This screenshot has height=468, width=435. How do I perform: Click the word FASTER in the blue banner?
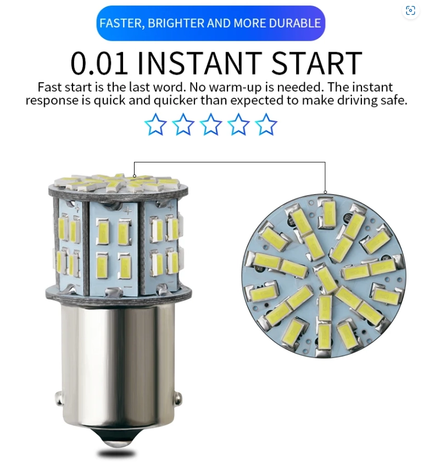[122, 23]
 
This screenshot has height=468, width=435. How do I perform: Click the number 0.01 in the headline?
[99, 63]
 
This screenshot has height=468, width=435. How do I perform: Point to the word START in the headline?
[317, 63]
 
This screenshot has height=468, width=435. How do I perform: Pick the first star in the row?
[155, 124]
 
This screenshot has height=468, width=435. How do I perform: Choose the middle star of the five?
[210, 124]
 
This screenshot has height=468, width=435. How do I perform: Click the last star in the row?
[266, 124]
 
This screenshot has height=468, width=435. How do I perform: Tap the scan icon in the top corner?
[410, 10]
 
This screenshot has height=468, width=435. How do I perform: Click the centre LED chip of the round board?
[326, 280]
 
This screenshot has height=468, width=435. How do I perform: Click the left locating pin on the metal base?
[59, 398]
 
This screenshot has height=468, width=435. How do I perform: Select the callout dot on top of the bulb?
[135, 176]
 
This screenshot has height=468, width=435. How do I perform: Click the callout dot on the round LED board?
[325, 192]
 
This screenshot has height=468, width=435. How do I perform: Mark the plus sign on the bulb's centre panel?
[128, 212]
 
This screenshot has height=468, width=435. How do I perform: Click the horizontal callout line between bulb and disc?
[230, 162]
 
